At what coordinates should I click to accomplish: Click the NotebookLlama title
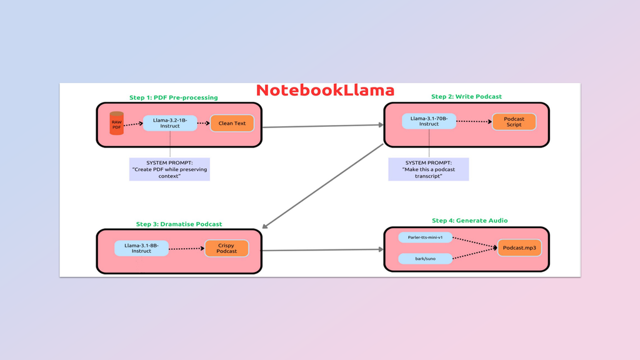tap(325, 90)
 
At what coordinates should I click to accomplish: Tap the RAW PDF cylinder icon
tap(116, 124)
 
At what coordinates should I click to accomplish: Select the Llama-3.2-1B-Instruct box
tap(169, 123)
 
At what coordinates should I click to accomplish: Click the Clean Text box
tap(232, 123)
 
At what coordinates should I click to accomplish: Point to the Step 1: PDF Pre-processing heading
tap(174, 97)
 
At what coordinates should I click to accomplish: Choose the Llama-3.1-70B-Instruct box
tap(429, 121)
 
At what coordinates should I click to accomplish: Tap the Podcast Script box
tap(514, 122)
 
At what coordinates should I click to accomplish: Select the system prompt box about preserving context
tap(169, 169)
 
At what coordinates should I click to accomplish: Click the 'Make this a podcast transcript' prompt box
tap(428, 169)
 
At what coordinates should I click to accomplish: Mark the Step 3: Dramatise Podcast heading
tap(179, 224)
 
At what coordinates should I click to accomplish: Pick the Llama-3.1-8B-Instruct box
tap(141, 248)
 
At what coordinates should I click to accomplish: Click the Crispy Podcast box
tap(227, 248)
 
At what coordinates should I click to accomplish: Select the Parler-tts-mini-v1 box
tap(426, 238)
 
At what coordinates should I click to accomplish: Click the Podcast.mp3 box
tap(519, 248)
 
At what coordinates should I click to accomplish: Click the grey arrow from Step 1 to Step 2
tap(322, 126)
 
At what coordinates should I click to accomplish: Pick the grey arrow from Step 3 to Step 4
tap(322, 250)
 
